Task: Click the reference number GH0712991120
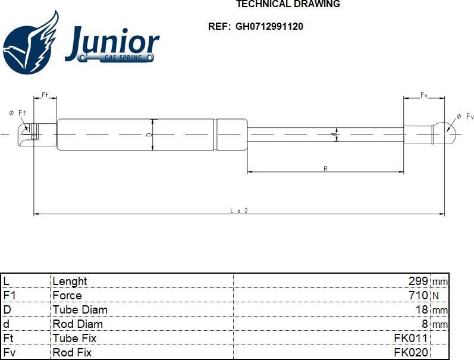269,26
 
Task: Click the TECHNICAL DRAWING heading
288,4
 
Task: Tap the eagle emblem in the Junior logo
30,42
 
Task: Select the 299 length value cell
418,281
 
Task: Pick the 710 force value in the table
418,295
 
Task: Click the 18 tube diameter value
422,309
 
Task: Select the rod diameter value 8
425,324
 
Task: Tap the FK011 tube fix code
411,338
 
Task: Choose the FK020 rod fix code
411,352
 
